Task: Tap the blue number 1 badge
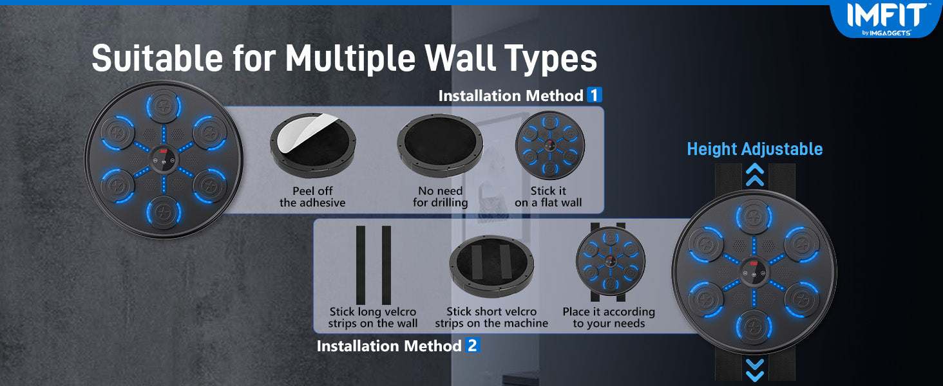click(594, 95)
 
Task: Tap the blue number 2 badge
click(472, 345)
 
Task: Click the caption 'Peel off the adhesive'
click(312, 197)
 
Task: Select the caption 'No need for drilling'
click(441, 197)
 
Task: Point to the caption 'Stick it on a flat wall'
click(548, 197)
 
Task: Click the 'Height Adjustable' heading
click(755, 149)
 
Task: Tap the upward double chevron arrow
click(755, 175)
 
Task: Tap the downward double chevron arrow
click(755, 371)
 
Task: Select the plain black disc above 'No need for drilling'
click(440, 145)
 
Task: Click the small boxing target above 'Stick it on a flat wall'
click(550, 145)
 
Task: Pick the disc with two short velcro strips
click(491, 266)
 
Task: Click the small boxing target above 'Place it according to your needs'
click(611, 261)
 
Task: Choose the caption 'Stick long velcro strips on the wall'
click(372, 317)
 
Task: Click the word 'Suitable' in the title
click(157, 58)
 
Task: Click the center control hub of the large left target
click(164, 159)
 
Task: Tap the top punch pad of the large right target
click(754, 217)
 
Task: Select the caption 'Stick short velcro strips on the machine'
click(491, 317)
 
